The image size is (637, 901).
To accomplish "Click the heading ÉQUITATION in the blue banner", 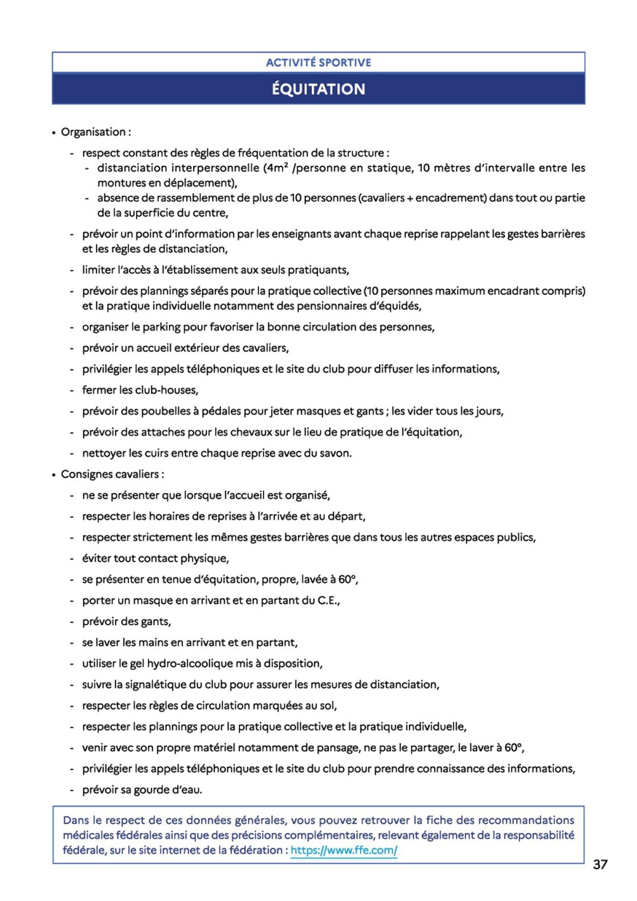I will click(318, 90).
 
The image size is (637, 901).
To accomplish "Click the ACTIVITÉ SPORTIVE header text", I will click(318, 63).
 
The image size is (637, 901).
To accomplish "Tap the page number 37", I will click(601, 865).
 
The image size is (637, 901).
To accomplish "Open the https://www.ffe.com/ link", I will click(344, 851).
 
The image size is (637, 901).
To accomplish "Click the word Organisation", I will click(93, 133).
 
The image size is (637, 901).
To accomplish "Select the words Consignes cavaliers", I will click(111, 474).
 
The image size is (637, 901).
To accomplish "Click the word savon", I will click(334, 453).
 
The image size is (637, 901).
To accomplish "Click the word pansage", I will click(363, 747).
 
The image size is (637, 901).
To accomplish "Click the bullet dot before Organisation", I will click(54, 133).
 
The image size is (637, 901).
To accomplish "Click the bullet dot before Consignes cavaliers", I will click(54, 475).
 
